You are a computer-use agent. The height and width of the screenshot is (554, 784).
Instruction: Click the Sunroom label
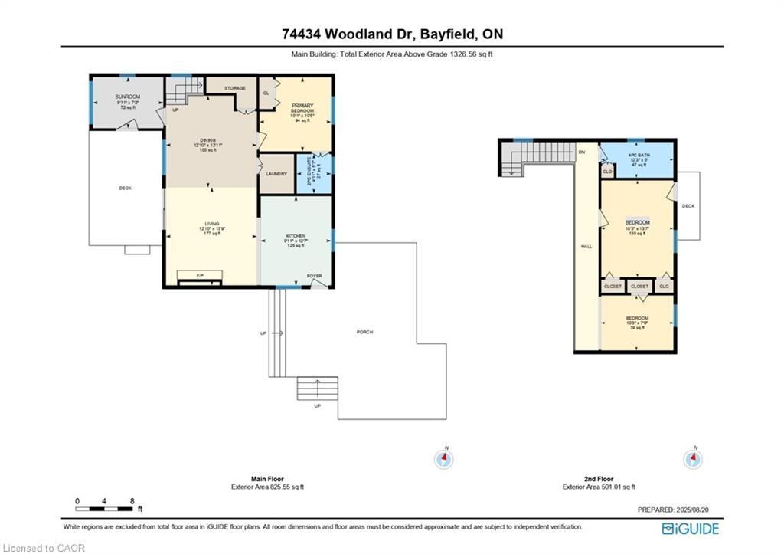pyautogui.click(x=128, y=97)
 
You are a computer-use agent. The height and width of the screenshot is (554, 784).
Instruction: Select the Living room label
pyautogui.click(x=211, y=224)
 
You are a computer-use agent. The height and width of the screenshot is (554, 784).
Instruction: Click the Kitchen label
pyautogui.click(x=296, y=236)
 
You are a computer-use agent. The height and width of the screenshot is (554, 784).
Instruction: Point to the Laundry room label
pyautogui.click(x=276, y=174)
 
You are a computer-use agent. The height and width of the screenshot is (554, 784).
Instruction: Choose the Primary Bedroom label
pyautogui.click(x=302, y=107)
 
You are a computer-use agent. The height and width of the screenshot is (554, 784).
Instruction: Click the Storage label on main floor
pyautogui.click(x=234, y=88)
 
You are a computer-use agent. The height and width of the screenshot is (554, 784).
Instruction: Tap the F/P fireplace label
pyautogui.click(x=200, y=274)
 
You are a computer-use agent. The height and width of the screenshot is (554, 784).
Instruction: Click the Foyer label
pyautogui.click(x=315, y=276)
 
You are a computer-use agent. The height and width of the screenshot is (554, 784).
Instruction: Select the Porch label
pyautogui.click(x=364, y=332)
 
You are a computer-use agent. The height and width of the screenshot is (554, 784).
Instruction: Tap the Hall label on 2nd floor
pyautogui.click(x=586, y=247)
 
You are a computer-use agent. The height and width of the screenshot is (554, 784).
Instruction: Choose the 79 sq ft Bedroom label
pyautogui.click(x=637, y=318)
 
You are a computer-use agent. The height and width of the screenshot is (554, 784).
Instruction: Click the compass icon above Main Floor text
pyautogui.click(x=443, y=458)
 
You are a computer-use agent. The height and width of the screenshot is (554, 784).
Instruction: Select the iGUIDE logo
pyautogui.click(x=690, y=528)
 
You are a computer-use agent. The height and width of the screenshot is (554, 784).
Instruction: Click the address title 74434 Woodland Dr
pyautogui.click(x=391, y=34)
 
